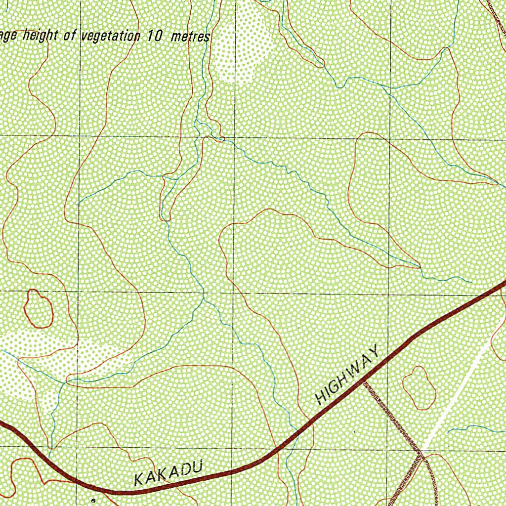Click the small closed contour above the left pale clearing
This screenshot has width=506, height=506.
39,309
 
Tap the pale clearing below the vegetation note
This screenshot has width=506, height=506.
242,47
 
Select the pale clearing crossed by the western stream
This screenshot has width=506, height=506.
59,361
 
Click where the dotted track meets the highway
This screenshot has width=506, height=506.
365,382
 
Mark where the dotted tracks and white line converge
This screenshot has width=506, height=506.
421,451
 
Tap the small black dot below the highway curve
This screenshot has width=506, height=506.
93,501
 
